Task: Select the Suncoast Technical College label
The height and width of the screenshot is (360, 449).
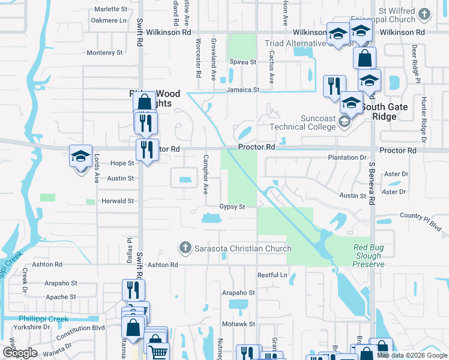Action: point(303,122)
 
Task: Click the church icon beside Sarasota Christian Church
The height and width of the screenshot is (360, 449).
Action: point(185,248)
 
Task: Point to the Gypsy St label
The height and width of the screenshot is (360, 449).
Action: point(232,207)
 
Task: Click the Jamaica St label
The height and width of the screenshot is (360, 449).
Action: point(243,90)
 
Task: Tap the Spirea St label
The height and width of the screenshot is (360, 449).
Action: point(243,62)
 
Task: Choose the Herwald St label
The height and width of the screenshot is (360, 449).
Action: point(117,202)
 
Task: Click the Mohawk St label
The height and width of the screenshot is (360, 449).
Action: point(240,324)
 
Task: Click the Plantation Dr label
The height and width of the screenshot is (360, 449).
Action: point(346,157)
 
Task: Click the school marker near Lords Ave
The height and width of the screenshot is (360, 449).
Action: point(80,158)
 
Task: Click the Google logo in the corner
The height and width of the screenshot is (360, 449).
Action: point(20,353)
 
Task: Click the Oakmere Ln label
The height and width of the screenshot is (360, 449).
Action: point(109,20)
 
